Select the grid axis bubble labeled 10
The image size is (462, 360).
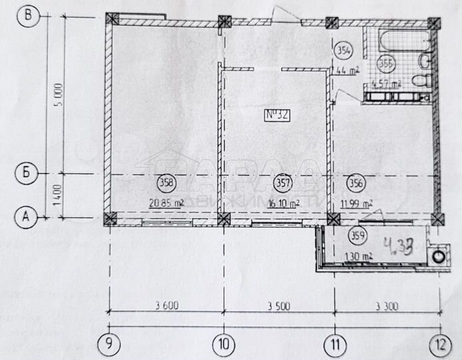(x=223, y=344)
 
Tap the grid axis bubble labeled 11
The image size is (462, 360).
(x=334, y=344)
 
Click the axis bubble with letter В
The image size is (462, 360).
(x=27, y=15)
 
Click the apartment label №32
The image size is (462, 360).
(x=277, y=115)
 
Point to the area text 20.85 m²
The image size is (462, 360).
(x=167, y=203)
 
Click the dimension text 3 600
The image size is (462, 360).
(x=166, y=307)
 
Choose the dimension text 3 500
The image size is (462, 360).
(x=280, y=307)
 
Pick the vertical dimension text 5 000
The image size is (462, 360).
(x=59, y=95)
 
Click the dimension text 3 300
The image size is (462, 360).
(x=387, y=307)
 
